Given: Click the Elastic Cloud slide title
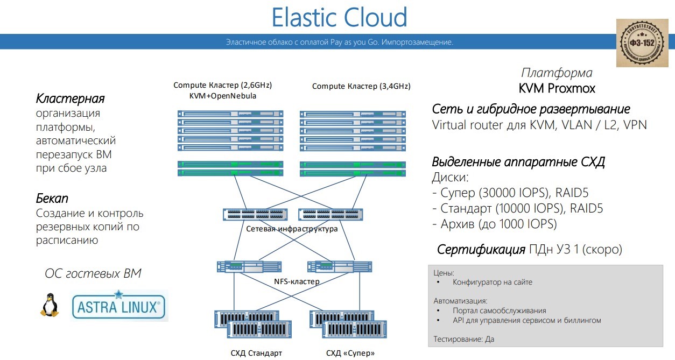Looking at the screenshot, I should coord(339,17).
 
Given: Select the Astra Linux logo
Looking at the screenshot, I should coord(119,306).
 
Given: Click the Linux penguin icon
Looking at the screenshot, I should coord(50,305).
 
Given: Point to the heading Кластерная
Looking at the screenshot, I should coord(70,99).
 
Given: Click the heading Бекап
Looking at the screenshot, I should coord(52,199).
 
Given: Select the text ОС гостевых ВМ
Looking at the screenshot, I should coord(93,273).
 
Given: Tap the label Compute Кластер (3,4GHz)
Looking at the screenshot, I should coord(361,86).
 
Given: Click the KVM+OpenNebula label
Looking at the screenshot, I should coord(222,96).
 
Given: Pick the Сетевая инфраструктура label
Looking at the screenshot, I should coord(292,229).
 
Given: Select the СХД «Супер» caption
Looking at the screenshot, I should coord(350,354).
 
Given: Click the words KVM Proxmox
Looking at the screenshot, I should coord(557,88).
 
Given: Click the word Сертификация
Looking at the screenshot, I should coord(481,250).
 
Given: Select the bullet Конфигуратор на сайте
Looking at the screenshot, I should coord(492,282).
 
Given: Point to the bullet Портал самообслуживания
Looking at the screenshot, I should coord(499,310).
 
